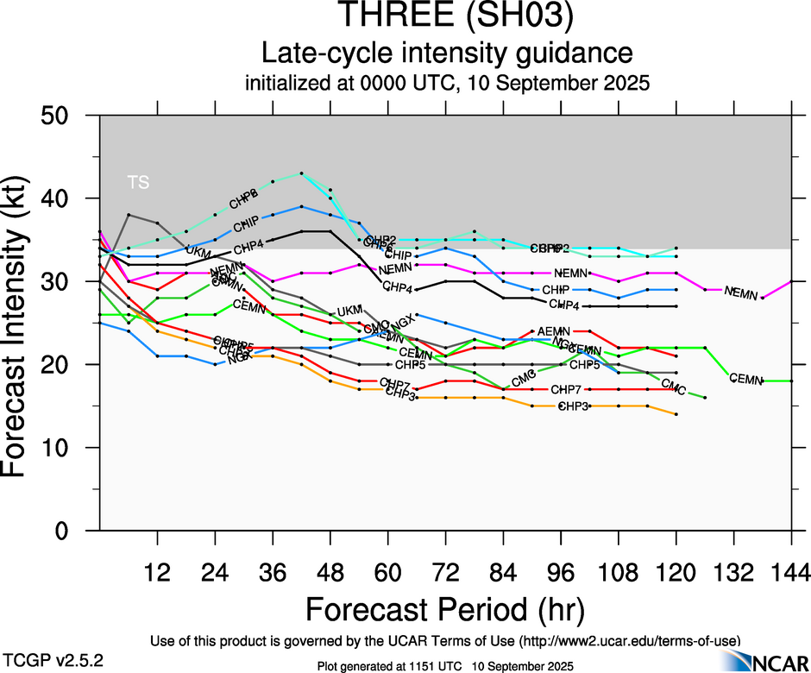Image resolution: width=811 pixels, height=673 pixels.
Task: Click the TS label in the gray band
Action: click(138, 182)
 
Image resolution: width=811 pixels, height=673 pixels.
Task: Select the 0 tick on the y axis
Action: click(72, 531)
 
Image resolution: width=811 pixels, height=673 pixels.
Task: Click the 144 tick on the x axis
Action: click(791, 572)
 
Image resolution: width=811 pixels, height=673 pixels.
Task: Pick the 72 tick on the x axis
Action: click(445, 572)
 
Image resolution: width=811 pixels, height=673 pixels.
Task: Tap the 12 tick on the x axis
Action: click(157, 572)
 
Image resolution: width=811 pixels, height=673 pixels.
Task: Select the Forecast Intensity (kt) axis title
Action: click(22, 324)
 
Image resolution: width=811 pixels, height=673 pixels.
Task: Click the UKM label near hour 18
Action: click(198, 253)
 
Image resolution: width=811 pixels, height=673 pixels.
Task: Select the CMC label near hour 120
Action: click(674, 391)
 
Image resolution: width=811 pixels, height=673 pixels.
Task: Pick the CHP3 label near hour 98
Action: click(573, 406)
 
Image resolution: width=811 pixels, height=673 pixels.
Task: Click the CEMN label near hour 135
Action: click(746, 379)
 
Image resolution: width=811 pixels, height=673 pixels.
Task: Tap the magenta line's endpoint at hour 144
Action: click(791, 281)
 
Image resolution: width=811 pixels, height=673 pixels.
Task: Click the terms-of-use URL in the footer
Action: click(629, 640)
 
